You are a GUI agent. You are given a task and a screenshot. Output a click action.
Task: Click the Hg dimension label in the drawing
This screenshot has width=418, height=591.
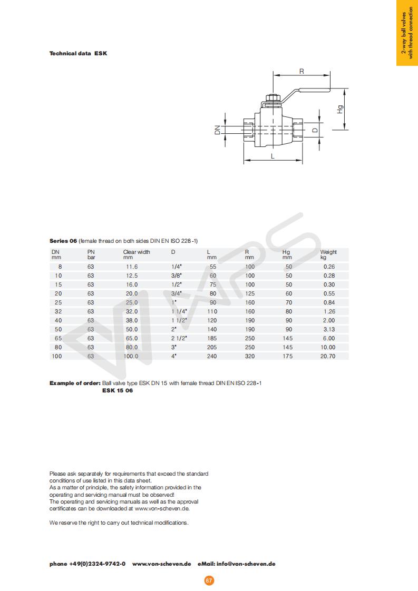tap(340, 110)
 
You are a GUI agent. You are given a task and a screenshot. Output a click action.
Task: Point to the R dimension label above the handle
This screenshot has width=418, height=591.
tap(302, 71)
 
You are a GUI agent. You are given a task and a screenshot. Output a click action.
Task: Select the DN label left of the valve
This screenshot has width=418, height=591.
tap(217, 130)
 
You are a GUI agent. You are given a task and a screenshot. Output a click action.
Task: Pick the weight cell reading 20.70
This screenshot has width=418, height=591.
tap(328, 356)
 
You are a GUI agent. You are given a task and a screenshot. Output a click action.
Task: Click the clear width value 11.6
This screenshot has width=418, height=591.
tap(131, 267)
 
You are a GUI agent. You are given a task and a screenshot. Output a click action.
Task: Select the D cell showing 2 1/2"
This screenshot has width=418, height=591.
tap(179, 338)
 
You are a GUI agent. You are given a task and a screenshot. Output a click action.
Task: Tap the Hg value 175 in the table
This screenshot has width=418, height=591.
tap(287, 356)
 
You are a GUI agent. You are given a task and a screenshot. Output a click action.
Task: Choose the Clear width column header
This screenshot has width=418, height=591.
tap(137, 252)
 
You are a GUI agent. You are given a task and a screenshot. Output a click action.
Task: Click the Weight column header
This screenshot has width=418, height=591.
tap(328, 252)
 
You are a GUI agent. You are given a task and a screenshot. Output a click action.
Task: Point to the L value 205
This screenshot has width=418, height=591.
tap(212, 347)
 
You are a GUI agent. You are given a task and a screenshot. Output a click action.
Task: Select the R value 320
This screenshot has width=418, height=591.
tap(250, 356)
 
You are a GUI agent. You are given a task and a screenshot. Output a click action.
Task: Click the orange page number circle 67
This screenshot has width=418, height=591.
tap(209, 580)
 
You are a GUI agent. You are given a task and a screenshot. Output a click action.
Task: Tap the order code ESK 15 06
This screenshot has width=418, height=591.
tap(117, 390)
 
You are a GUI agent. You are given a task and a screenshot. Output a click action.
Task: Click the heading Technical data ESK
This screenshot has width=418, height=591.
tap(78, 53)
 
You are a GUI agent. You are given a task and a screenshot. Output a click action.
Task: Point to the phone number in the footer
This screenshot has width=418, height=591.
tap(88, 564)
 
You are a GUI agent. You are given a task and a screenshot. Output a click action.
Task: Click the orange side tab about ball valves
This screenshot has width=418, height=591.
tap(407, 33)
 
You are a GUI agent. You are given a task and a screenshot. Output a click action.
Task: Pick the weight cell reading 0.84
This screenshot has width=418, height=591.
tap(328, 302)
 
